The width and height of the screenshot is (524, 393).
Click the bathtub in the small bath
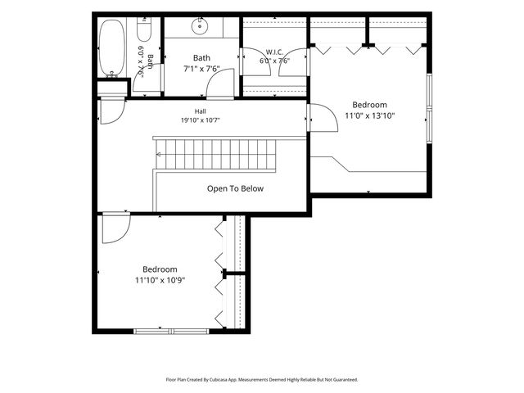point(112,47)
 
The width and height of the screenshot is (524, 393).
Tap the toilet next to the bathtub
point(144,29)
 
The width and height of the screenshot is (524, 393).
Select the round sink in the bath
point(200,26)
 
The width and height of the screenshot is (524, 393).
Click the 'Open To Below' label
point(235,188)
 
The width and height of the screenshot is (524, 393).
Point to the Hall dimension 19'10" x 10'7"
point(200,120)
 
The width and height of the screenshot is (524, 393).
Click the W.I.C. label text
point(275,52)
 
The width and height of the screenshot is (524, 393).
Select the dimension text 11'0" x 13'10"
point(369,115)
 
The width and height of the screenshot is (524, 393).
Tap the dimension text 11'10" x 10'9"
point(160,280)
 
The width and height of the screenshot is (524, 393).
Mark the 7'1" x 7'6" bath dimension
point(201,69)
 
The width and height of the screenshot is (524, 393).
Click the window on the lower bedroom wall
point(171,331)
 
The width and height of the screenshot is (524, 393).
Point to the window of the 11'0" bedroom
point(429,108)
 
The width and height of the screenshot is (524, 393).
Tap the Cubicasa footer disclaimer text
point(262,380)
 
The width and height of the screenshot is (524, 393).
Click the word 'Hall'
point(200,111)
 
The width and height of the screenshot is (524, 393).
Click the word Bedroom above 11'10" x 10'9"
point(160,269)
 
